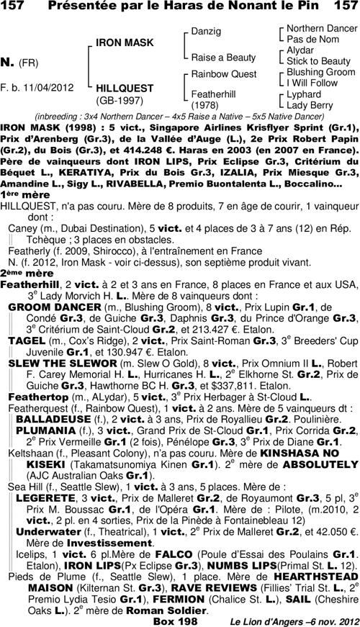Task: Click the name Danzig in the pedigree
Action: click(x=206, y=32)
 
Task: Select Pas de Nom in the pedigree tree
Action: click(x=312, y=39)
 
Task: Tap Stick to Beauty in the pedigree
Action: click(x=318, y=61)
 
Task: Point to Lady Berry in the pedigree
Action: click(x=310, y=105)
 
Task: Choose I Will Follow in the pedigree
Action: click(x=312, y=83)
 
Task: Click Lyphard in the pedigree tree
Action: click(x=304, y=94)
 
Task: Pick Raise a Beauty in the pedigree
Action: click(x=223, y=57)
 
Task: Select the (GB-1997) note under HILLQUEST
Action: click(x=120, y=100)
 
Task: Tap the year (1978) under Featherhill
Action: click(x=204, y=105)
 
